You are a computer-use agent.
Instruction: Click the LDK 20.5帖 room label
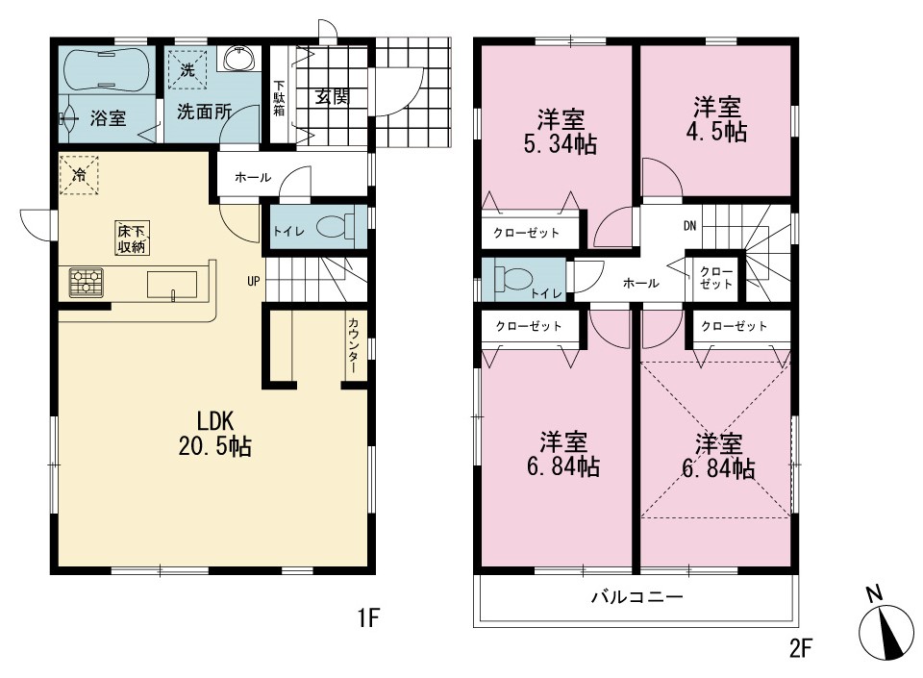click(x=214, y=434)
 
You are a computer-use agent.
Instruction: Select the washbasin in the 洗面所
click(x=239, y=59)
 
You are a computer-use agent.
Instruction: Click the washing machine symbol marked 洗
click(x=187, y=69)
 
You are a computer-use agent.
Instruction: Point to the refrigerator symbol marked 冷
click(x=79, y=174)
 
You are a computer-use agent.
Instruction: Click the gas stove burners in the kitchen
click(x=86, y=282)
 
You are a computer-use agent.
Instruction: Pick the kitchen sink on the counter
click(x=172, y=286)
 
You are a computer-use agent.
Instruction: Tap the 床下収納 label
click(x=132, y=239)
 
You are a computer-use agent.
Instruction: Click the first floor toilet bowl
click(x=336, y=227)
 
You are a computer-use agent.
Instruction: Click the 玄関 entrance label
click(x=333, y=96)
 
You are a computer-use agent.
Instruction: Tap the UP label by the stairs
click(x=254, y=282)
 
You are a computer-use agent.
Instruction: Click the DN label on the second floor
click(x=690, y=225)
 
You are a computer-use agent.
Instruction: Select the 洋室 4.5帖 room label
click(x=716, y=119)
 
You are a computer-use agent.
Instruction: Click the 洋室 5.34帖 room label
click(x=561, y=132)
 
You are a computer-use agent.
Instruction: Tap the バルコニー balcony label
click(x=636, y=597)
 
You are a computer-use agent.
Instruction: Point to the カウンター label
click(x=353, y=345)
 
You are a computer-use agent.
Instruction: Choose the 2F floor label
click(x=801, y=648)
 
